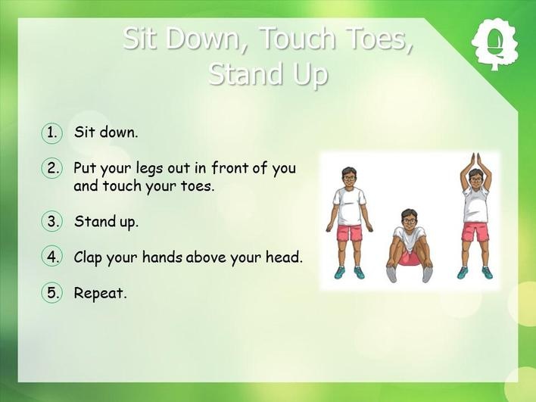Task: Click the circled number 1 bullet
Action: (52, 132)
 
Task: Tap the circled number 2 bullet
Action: (52, 168)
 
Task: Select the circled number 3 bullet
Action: (52, 221)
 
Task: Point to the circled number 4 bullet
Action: (52, 257)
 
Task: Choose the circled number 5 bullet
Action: (52, 293)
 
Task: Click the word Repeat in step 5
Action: (100, 294)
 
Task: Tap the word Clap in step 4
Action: (88, 257)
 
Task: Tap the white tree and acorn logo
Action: (494, 45)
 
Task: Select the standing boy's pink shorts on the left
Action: (350, 232)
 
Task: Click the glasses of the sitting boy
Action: (409, 220)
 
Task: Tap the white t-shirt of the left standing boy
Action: (349, 206)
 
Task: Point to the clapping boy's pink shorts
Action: (475, 232)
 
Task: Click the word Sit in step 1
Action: (84, 132)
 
